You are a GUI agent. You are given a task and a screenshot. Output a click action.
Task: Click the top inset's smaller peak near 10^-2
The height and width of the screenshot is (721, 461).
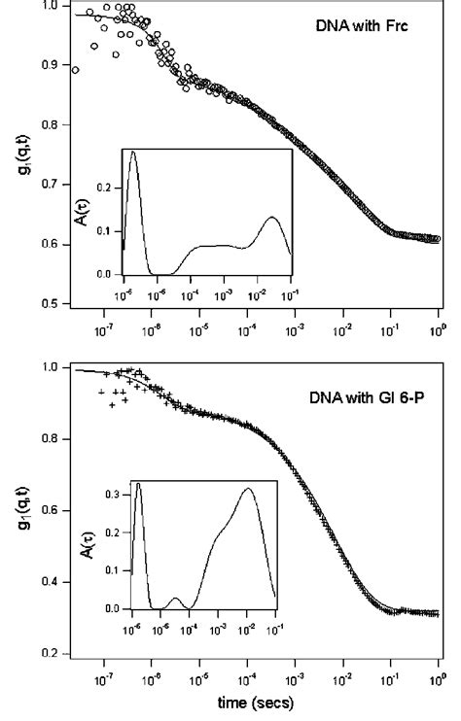point(272,217)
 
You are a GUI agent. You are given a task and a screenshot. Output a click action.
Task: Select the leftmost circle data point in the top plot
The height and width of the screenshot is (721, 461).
point(76,69)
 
